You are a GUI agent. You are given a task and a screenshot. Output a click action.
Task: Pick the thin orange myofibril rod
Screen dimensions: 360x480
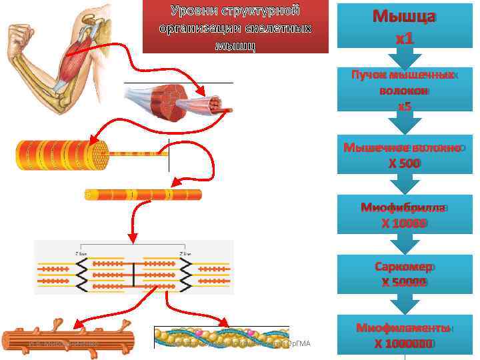pos(143,195)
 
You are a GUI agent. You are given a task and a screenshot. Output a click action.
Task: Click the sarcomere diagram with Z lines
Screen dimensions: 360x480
pos(134,272)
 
